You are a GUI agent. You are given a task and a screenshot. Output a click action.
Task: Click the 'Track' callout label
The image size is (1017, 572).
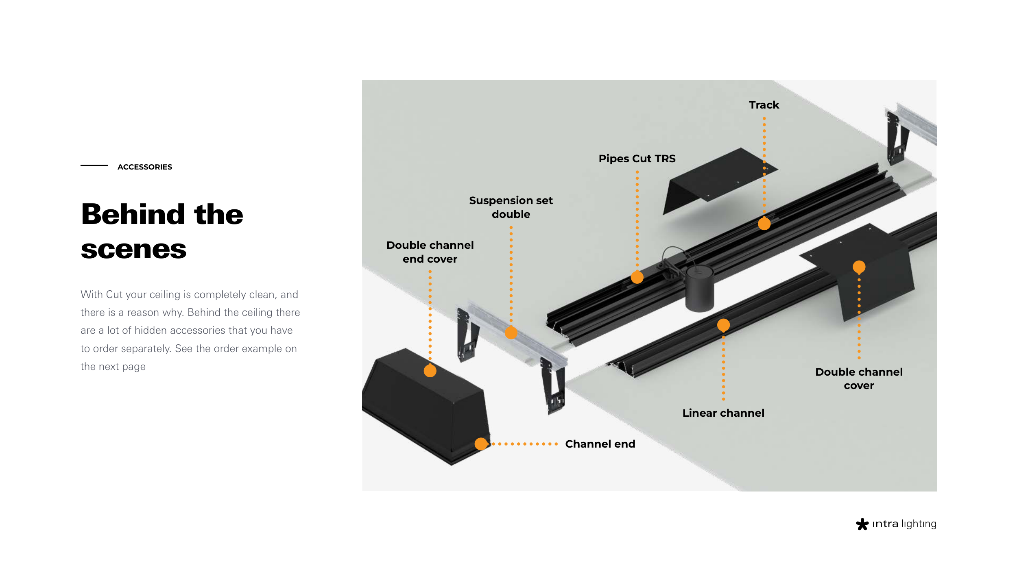coord(764,105)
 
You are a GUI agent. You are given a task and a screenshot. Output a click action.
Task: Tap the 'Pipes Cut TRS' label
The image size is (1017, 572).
coord(637,159)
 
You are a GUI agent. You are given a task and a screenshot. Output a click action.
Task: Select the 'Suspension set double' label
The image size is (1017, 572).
coord(511,207)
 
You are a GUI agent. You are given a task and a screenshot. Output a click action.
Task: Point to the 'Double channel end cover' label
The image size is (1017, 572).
coord(430,252)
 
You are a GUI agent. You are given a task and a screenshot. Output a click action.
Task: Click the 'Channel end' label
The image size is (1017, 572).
coord(600,444)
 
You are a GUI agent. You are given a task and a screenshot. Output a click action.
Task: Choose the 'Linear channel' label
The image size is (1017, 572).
coord(723,413)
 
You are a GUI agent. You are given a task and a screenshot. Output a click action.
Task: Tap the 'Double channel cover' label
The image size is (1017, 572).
coord(859,378)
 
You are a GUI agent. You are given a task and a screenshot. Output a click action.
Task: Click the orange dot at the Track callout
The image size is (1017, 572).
coord(764,224)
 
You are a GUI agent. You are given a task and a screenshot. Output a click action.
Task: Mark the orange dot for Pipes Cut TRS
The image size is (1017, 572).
coord(637,277)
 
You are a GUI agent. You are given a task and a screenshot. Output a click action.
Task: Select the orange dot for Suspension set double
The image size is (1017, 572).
coord(511,333)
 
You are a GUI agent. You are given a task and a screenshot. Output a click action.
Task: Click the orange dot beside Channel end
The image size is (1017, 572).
coord(481,444)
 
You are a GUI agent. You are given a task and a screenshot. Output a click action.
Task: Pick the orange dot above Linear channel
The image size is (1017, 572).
coord(723,325)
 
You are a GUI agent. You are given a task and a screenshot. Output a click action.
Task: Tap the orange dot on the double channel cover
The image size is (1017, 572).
coord(859,267)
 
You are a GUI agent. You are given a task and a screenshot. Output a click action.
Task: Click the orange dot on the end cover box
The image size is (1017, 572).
coord(430,371)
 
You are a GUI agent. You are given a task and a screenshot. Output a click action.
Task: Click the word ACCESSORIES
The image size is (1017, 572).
coord(145,167)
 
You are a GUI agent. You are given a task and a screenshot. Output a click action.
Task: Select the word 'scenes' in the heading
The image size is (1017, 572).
coord(133,249)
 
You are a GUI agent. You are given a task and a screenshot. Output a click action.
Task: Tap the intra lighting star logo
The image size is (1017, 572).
coord(862,524)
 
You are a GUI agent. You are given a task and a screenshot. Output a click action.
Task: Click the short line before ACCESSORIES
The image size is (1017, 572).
coord(94,165)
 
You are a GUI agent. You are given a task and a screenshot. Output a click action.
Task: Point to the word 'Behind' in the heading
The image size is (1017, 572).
coord(133,214)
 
